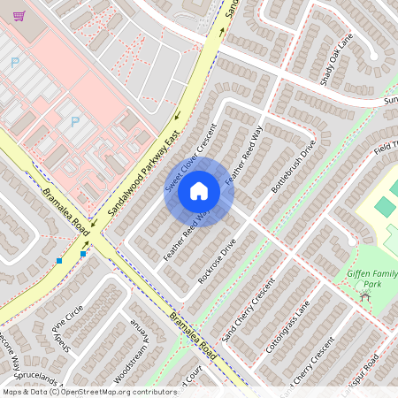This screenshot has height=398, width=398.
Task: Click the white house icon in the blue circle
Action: click(x=199, y=191)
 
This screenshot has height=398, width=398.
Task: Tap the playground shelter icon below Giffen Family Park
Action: click(x=364, y=297)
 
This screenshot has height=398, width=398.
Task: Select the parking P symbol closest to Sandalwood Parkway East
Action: click(x=75, y=122)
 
